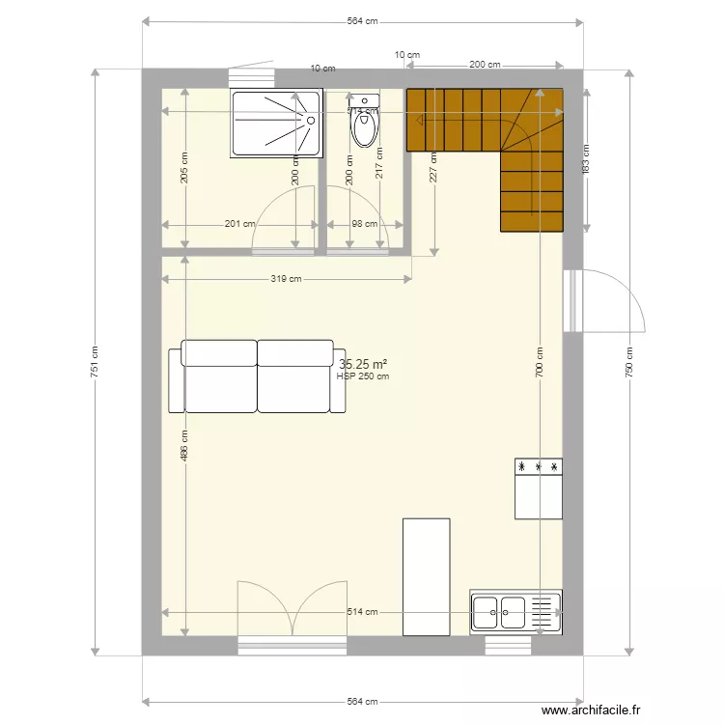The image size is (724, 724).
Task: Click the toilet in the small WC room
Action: (364, 125)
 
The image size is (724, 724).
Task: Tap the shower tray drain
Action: (312, 121)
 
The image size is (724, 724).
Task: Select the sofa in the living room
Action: (257, 376)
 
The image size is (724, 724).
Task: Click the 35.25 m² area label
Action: (363, 364)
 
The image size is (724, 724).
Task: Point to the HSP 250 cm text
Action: (363, 376)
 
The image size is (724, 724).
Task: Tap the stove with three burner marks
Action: (539, 487)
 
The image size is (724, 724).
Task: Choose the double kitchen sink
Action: (500, 610)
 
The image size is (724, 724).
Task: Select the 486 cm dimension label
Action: (184, 444)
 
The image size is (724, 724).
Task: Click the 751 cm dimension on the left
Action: (94, 361)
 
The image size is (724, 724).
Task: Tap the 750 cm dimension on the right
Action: (628, 361)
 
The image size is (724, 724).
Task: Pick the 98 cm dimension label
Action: (364, 224)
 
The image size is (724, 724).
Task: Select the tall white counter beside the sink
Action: (426, 576)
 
